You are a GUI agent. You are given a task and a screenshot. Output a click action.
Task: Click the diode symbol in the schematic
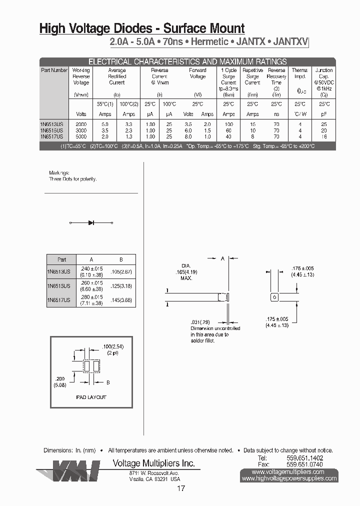click(x=91, y=222)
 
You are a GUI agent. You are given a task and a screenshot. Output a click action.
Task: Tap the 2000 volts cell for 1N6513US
click(x=80, y=123)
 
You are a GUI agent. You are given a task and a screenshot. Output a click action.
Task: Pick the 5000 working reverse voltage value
click(x=80, y=136)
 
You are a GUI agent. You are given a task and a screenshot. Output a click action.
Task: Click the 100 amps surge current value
click(x=228, y=123)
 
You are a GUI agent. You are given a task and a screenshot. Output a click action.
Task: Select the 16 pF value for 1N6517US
click(x=324, y=136)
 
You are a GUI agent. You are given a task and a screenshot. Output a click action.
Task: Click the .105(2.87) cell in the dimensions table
click(x=121, y=271)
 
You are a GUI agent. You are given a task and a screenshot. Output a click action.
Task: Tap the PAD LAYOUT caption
click(x=91, y=397)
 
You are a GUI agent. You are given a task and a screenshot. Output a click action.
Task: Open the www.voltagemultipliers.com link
click(x=288, y=471)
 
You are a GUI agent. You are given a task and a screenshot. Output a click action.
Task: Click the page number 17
click(x=181, y=488)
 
